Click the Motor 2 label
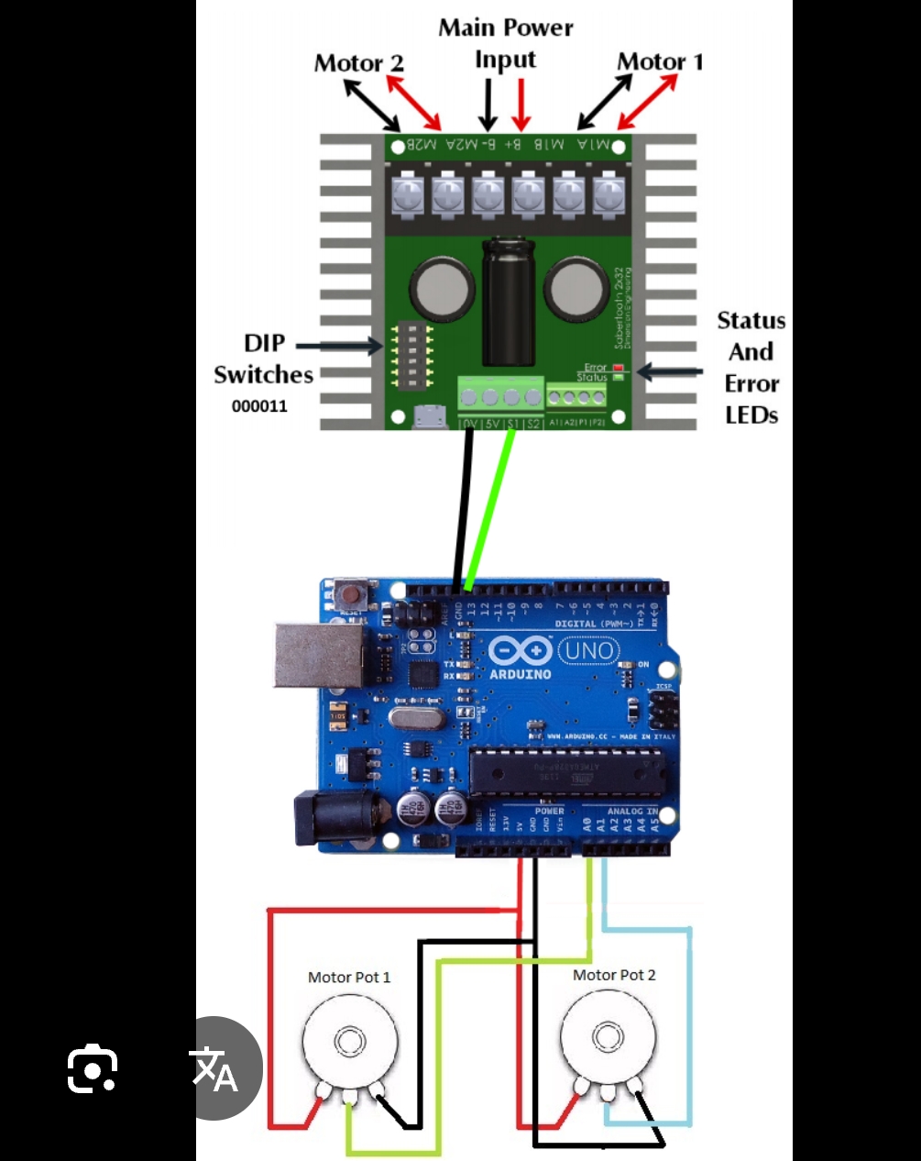tap(358, 63)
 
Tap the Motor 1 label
tap(660, 61)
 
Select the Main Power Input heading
tap(505, 43)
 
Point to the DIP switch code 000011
tap(259, 406)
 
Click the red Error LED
tap(618, 368)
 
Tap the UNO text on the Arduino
tap(588, 651)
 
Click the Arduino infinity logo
tap(520, 651)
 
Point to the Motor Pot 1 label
tap(349, 978)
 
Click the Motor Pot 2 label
tap(614, 975)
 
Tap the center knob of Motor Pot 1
tap(349, 1042)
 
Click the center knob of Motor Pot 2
tap(607, 1037)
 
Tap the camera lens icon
tap(93, 1068)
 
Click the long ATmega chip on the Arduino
tap(565, 771)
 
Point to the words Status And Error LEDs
tap(751, 368)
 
